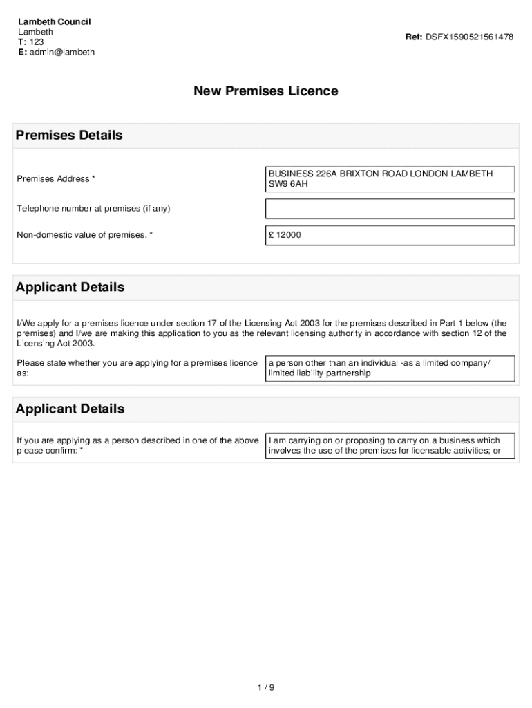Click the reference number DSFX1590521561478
point(469,37)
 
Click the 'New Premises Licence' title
point(265,91)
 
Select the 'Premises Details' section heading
point(69,136)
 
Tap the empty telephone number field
point(390,209)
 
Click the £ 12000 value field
point(390,235)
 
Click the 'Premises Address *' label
point(56,179)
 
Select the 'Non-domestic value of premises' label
point(84,235)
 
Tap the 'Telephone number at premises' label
point(93,209)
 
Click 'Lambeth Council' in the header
point(55,22)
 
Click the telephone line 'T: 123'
point(30,42)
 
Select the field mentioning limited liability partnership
point(390,369)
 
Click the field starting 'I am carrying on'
point(390,446)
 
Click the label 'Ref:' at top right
point(414,37)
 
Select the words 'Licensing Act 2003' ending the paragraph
point(55,344)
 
